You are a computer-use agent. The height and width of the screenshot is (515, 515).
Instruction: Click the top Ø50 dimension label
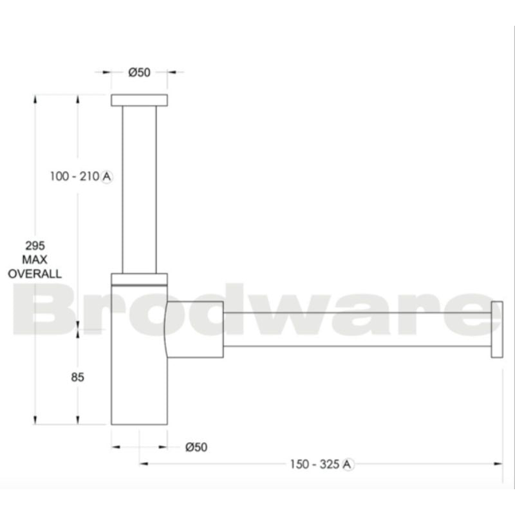coord(139,72)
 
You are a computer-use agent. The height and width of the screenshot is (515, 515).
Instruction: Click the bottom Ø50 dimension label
coord(196,447)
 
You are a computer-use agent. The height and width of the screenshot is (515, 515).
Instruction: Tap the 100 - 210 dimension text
coord(74,176)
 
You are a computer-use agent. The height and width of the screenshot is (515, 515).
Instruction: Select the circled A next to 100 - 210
coord(106,176)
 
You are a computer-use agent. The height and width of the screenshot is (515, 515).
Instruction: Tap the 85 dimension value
coord(78,377)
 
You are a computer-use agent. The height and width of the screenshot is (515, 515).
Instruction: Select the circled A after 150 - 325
coord(348,464)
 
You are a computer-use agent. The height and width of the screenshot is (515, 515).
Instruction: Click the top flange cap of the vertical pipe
coord(139,100)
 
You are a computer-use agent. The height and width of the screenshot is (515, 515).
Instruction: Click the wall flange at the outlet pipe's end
coord(497,328)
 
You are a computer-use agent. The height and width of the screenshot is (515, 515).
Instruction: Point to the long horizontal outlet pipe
coord(357,328)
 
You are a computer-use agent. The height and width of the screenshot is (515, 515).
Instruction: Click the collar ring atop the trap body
coord(139,279)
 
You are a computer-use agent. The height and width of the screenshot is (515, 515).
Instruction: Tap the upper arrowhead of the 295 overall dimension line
coord(33,98)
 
